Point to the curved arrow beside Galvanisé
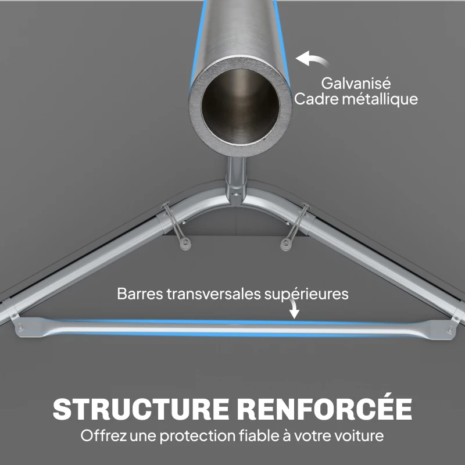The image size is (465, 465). [312, 59]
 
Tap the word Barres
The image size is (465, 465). [139, 294]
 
